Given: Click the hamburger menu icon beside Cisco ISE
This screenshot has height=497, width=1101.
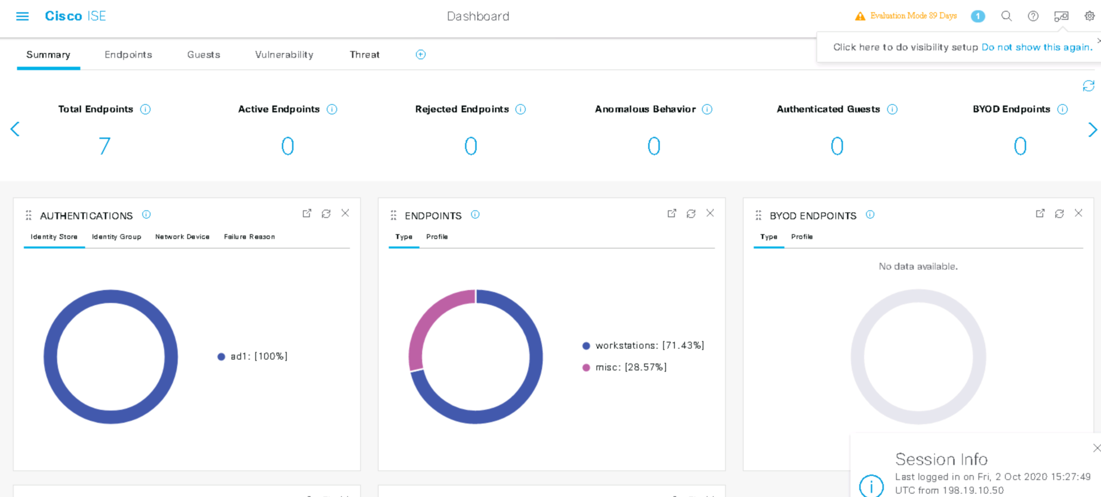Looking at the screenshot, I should pyautogui.click(x=23, y=16).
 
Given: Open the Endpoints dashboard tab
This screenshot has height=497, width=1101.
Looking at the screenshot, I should pyautogui.click(x=128, y=54).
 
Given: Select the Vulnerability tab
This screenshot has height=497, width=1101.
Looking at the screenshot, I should pyautogui.click(x=284, y=54).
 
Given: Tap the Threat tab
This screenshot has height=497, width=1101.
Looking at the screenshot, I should pyautogui.click(x=364, y=54).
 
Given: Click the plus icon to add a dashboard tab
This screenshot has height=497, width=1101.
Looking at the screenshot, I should pyautogui.click(x=420, y=54).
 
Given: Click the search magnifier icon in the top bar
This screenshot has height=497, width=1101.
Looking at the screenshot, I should pyautogui.click(x=1006, y=16).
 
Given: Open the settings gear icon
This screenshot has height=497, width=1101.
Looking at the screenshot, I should pyautogui.click(x=1089, y=16).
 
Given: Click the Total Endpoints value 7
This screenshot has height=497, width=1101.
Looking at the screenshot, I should pyautogui.click(x=104, y=146).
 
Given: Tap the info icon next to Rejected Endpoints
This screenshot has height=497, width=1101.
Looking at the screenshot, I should pyautogui.click(x=520, y=109).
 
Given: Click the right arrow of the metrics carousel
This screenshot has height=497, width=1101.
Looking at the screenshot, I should pyautogui.click(x=1092, y=129).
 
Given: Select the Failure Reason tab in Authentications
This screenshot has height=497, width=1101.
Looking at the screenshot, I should pyautogui.click(x=249, y=236).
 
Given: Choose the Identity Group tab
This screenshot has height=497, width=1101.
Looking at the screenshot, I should pyautogui.click(x=116, y=236).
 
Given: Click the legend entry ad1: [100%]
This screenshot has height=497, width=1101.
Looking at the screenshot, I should pyautogui.click(x=253, y=356).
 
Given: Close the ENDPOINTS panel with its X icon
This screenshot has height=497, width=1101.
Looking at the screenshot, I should pyautogui.click(x=710, y=213).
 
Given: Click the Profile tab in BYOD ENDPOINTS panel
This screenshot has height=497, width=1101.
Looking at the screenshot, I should pyautogui.click(x=802, y=236).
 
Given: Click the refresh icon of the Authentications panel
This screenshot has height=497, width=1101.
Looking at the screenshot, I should pyautogui.click(x=326, y=213).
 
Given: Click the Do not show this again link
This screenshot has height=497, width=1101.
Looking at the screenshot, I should pyautogui.click(x=1036, y=47).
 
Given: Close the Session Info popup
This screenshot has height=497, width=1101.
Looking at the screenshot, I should pyautogui.click(x=1097, y=448).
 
